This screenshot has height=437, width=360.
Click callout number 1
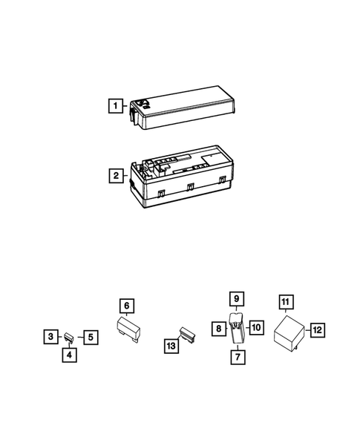click(x=114, y=105)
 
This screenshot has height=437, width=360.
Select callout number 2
click(x=115, y=177)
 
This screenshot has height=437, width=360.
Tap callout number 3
click(x=49, y=337)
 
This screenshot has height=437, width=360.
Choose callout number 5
click(x=89, y=337)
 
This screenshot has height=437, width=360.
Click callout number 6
click(x=127, y=306)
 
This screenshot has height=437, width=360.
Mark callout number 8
click(x=220, y=328)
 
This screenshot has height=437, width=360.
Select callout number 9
click(x=237, y=299)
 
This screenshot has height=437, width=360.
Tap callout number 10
click(x=256, y=328)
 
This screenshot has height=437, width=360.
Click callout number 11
click(x=286, y=301)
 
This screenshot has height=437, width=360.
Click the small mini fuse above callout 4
click(x=68, y=336)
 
